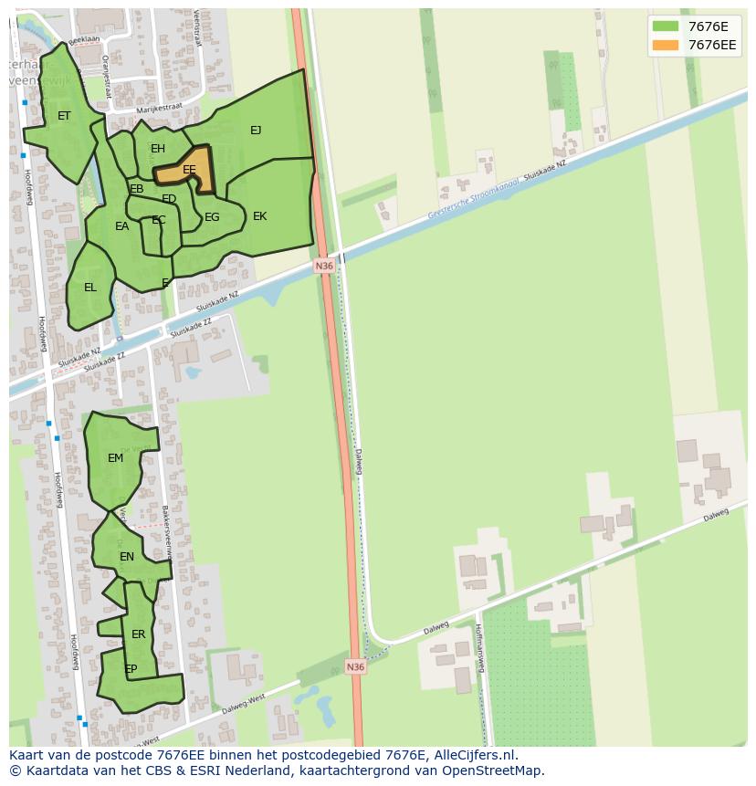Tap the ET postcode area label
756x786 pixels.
[64, 116]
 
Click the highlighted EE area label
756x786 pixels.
[189, 170]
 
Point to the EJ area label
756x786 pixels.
[256, 131]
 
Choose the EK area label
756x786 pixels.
[259, 216]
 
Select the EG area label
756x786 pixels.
[212, 217]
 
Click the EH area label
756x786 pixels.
[158, 149]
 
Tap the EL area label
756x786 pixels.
[89, 288]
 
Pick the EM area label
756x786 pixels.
[115, 458]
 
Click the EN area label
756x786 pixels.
[127, 557]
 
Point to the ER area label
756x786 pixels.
[138, 634]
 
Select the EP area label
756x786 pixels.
[131, 669]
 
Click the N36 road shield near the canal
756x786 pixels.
[324, 266]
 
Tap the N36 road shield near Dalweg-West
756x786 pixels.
[355, 667]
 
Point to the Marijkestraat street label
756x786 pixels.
[159, 109]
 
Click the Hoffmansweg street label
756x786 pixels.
[479, 647]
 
